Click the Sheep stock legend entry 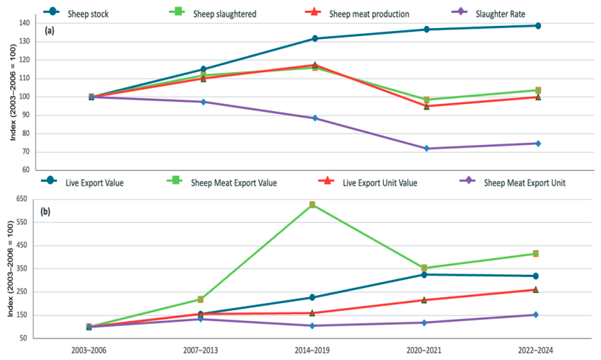[x=76, y=14]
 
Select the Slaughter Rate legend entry [x=488, y=14]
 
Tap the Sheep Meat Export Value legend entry [x=222, y=182]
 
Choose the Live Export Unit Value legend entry [x=368, y=182]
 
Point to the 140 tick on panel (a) [x=24, y=23]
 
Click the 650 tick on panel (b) [x=22, y=199]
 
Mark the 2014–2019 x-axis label [x=312, y=350]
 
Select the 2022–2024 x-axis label [x=535, y=350]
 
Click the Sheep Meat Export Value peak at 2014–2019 [x=312, y=205]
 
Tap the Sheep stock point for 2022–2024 [x=538, y=26]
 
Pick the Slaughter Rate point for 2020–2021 [x=426, y=149]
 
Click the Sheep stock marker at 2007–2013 [x=203, y=69]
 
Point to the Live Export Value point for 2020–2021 [x=424, y=275]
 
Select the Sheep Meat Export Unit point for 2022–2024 [x=536, y=315]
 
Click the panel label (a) [x=50, y=31]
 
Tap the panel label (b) [x=45, y=211]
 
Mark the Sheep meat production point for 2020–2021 [x=426, y=107]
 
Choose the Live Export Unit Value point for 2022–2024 [x=536, y=289]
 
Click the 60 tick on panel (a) [x=26, y=170]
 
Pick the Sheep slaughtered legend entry [x=213, y=14]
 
